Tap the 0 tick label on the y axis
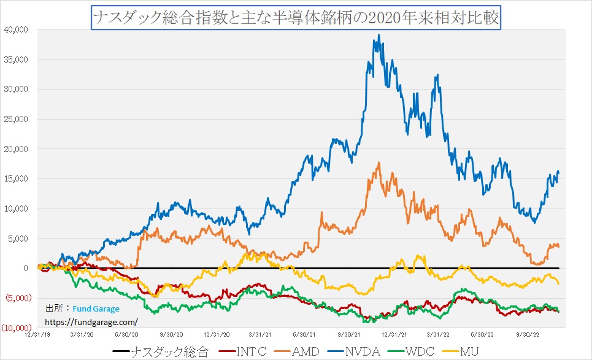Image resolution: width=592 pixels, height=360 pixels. click(25, 268)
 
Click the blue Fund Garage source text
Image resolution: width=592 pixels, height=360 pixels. click(96, 309)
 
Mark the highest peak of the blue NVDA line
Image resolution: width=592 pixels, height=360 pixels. click(379, 35)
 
